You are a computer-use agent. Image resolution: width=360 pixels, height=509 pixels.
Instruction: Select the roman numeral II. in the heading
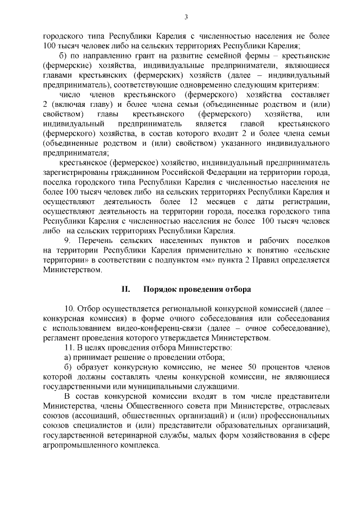point(126,289)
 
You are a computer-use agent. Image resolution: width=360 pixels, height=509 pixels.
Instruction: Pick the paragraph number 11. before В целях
point(70,348)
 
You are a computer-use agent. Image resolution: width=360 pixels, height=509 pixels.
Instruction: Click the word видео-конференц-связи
point(150,328)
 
